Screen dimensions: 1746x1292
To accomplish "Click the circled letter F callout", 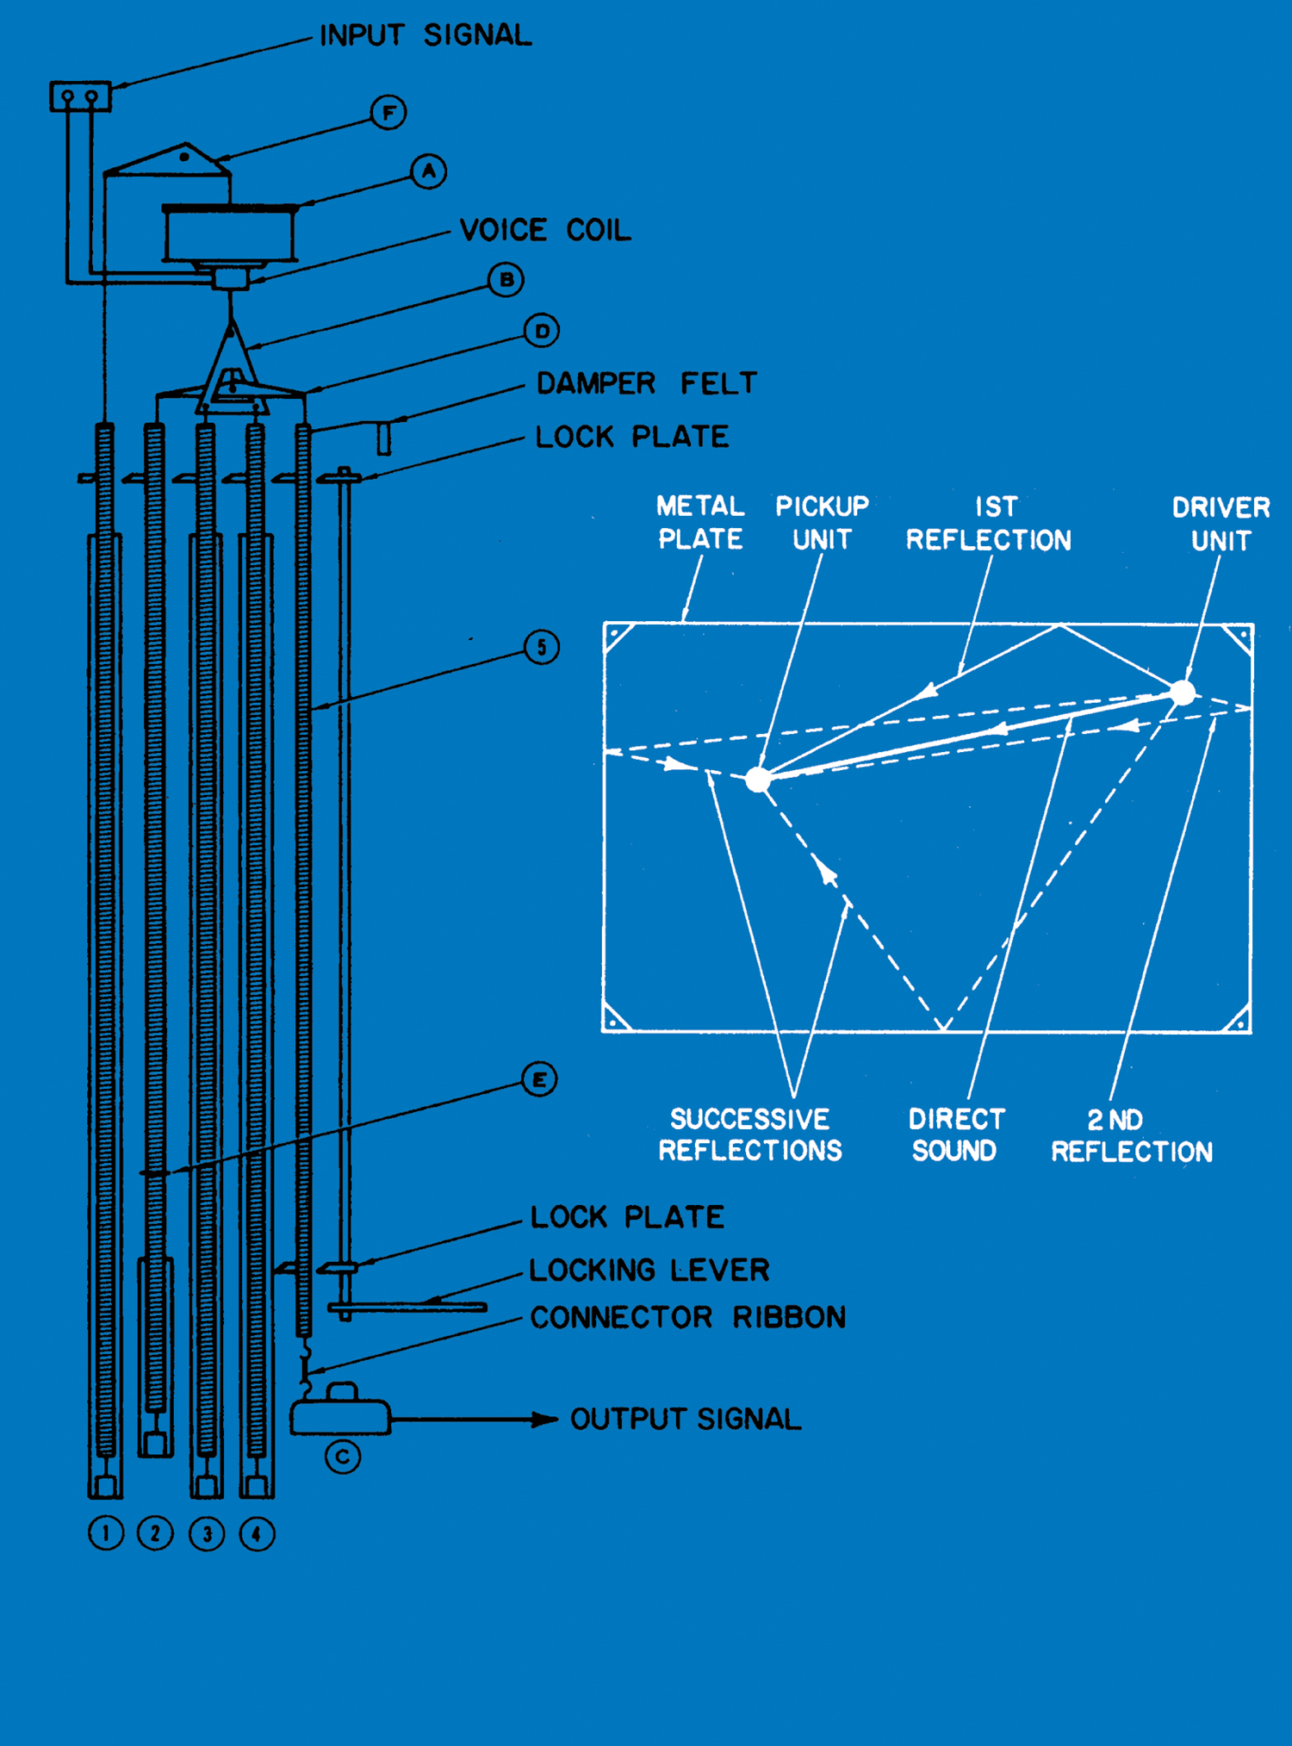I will (x=388, y=113).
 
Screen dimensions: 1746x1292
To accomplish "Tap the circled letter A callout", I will (x=428, y=172).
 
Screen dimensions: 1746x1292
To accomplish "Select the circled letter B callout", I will (x=506, y=280).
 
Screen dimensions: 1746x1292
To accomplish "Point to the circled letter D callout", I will (x=542, y=331).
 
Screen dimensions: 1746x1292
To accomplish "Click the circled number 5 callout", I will (x=542, y=647).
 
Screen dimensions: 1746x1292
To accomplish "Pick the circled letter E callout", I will (x=539, y=1079).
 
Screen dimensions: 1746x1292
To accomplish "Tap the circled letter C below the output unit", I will (x=343, y=1457).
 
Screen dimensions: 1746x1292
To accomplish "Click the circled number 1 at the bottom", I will (x=106, y=1533).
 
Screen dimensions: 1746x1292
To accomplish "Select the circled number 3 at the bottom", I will (x=207, y=1534).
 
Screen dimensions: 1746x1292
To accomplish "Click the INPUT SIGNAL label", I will (x=425, y=35).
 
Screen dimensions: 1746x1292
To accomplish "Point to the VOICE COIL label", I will (x=545, y=230).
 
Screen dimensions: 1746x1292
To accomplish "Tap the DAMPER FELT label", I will (x=646, y=383).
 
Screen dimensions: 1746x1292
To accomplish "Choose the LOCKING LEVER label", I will (x=649, y=1270).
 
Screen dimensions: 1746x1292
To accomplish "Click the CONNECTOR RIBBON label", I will (x=687, y=1317).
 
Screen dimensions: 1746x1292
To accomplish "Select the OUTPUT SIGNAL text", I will (x=686, y=1419).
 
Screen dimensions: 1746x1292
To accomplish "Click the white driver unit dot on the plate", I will (x=1183, y=693).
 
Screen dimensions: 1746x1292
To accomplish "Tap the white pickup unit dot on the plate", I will (x=758, y=780).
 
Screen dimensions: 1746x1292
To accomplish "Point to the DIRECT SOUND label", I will (x=955, y=1134).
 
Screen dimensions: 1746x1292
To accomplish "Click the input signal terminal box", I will (x=80, y=96).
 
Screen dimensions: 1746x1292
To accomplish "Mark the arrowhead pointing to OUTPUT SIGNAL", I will (x=545, y=1419).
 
